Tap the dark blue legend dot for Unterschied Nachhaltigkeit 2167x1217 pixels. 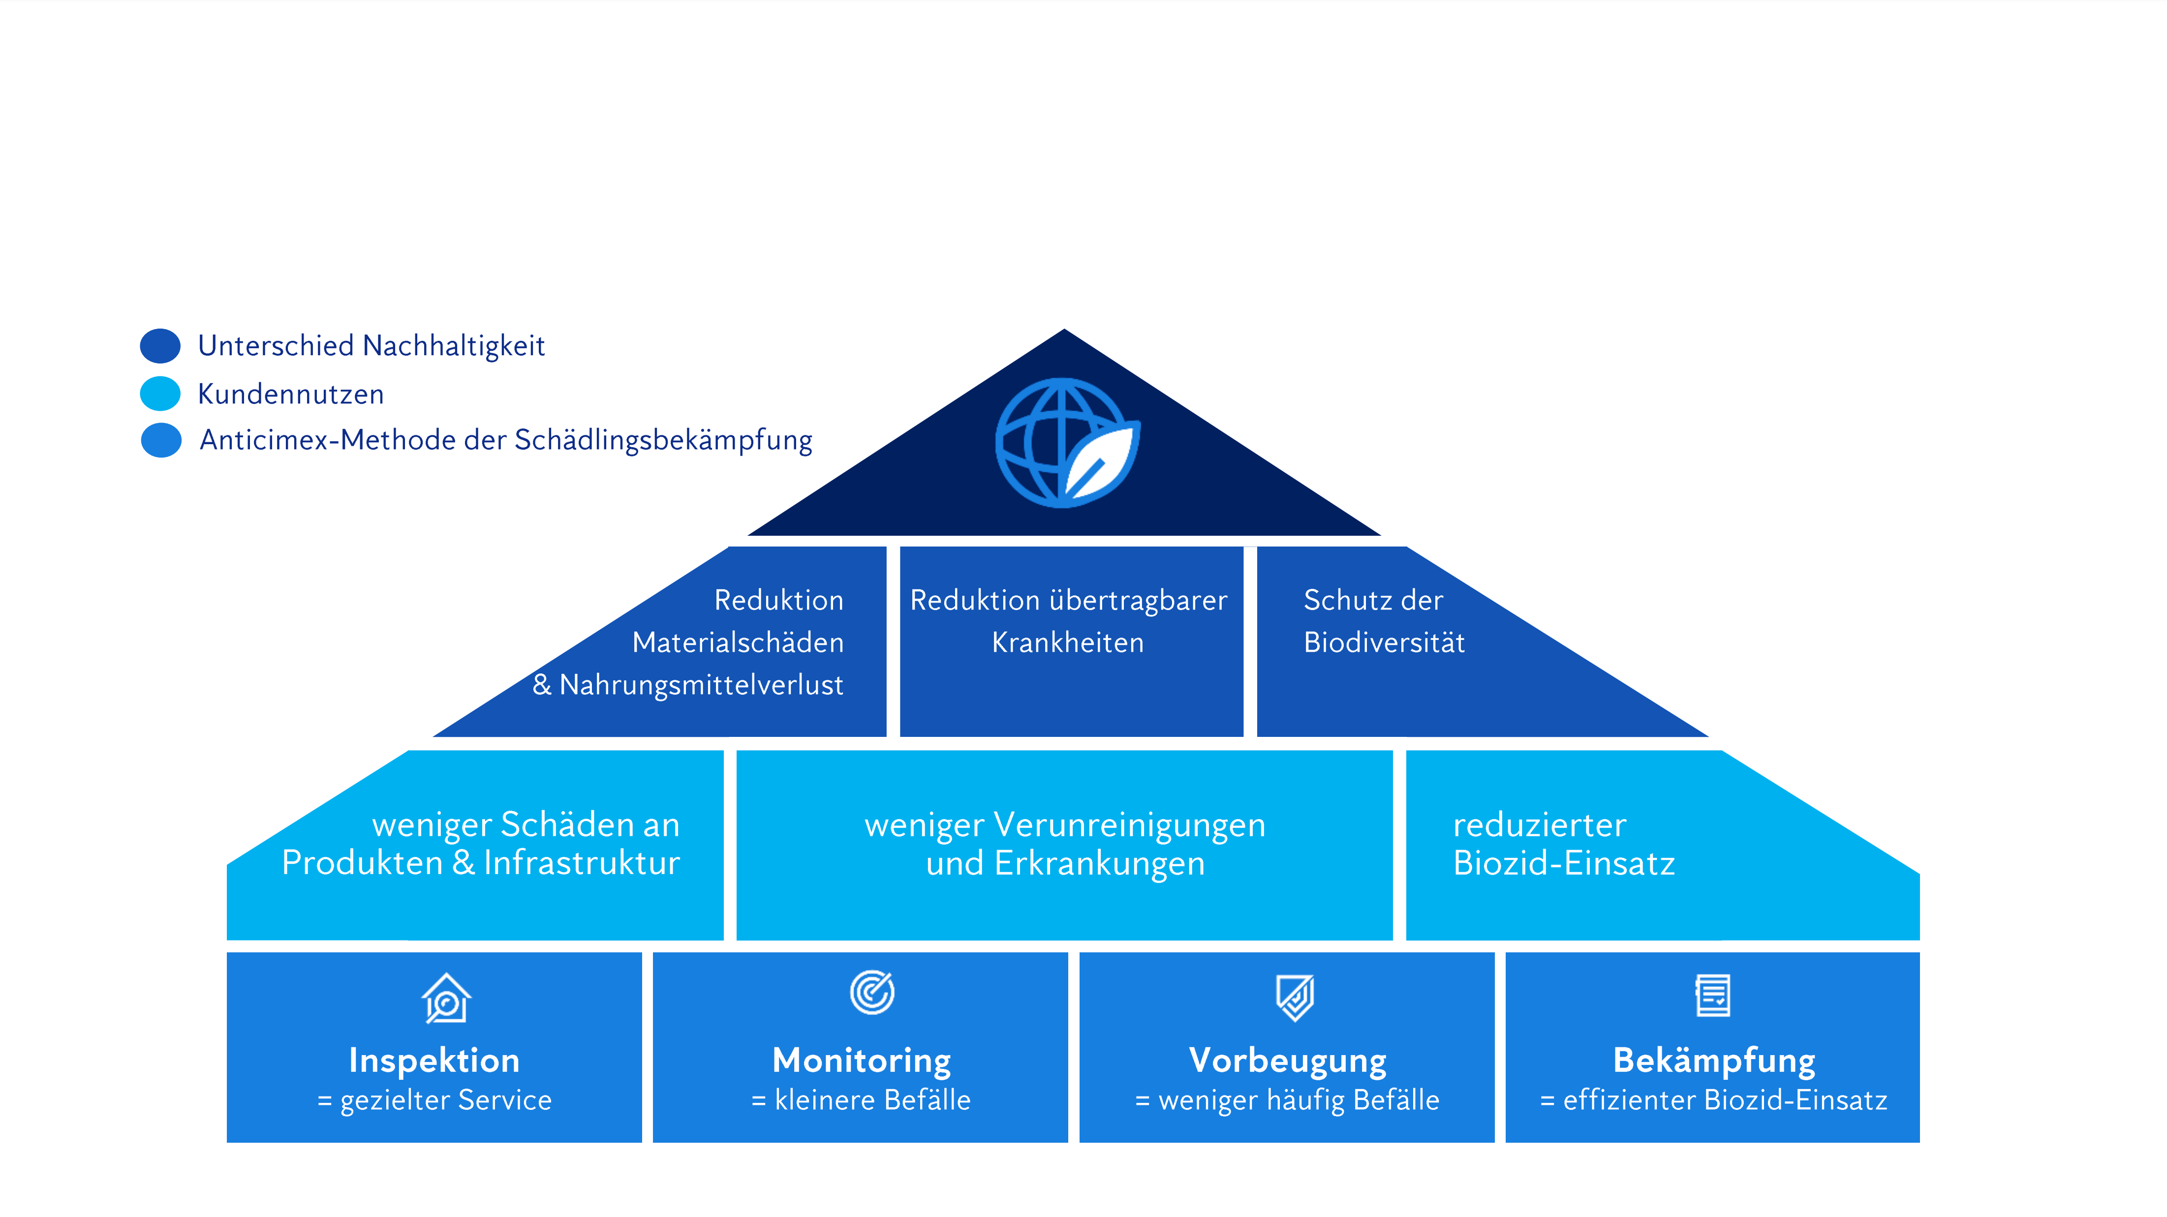point(160,346)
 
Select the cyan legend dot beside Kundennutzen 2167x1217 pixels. point(160,394)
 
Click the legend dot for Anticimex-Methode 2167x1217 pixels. point(161,440)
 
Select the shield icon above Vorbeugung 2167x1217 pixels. point(1295,998)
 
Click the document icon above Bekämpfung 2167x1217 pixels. point(1713,996)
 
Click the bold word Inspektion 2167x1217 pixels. point(434,1061)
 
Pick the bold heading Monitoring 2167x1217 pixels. point(862,1061)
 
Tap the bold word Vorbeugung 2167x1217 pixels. point(1287,1061)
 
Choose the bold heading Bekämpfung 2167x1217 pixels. point(1714,1061)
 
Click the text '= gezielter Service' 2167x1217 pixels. point(434,1100)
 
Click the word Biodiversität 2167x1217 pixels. point(1384,642)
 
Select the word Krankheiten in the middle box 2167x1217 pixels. point(1068,642)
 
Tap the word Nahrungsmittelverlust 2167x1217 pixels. point(701,685)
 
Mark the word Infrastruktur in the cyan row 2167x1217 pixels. point(581,863)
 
